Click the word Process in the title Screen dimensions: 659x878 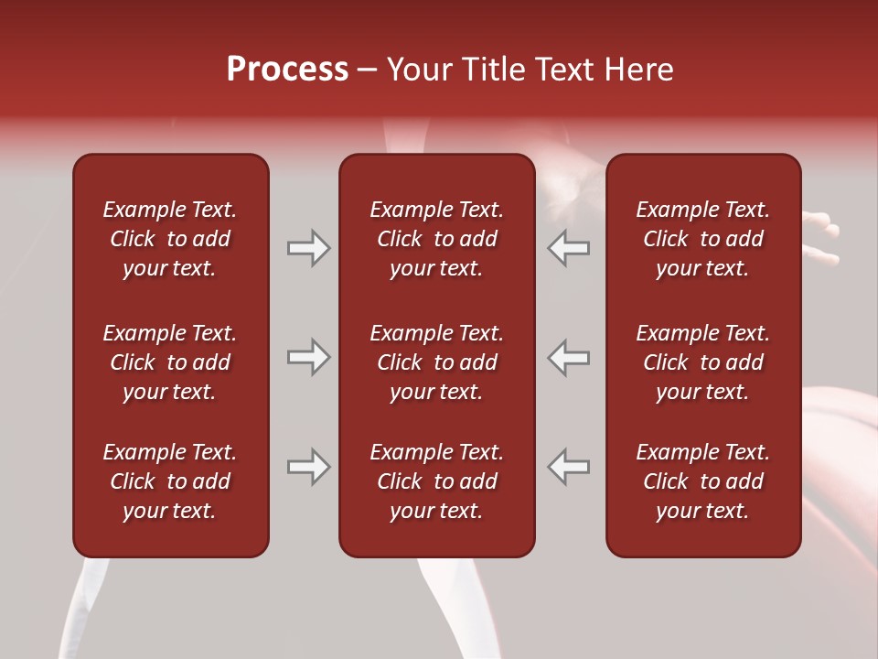tap(287, 70)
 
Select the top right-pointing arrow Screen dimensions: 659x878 tap(308, 248)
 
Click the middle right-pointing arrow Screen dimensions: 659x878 tap(308, 357)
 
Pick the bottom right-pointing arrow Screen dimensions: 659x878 tap(308, 467)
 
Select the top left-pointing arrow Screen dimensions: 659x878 tap(569, 248)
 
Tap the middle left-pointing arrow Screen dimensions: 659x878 tap(569, 357)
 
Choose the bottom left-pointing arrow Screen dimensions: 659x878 tap(569, 467)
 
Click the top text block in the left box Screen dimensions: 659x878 tap(170, 239)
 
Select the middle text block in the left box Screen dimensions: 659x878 tap(170, 362)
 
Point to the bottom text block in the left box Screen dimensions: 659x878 tap(170, 481)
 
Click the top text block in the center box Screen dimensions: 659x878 tap(436, 239)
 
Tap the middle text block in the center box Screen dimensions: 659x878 tap(436, 362)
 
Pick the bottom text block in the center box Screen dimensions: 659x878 tap(436, 481)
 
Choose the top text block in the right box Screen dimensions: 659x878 tap(702, 239)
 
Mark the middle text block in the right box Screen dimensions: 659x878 tap(702, 362)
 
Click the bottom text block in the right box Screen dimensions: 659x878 tap(702, 481)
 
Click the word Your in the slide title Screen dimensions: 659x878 tap(419, 70)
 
